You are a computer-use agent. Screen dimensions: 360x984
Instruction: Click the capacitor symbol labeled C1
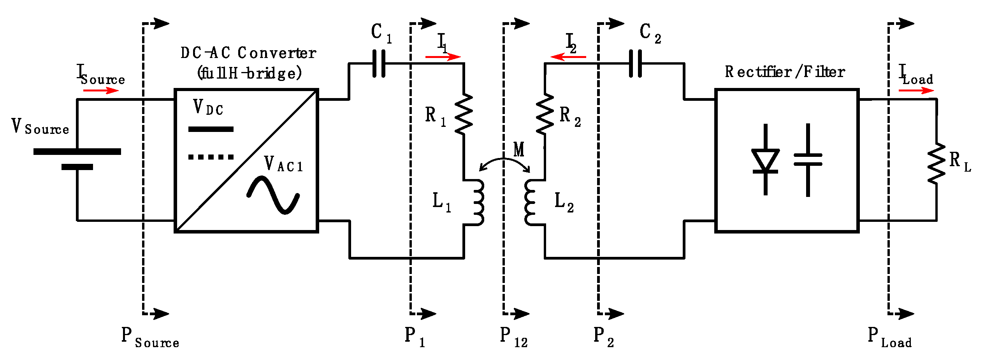point(379,63)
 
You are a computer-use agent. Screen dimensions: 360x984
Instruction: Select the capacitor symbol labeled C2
point(636,63)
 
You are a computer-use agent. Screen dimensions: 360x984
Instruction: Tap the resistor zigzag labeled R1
point(464,114)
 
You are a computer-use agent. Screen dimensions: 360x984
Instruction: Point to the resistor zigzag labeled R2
point(545,114)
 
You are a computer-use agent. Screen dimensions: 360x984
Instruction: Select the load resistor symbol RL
point(936,163)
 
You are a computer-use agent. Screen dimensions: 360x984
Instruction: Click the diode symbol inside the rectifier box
point(765,160)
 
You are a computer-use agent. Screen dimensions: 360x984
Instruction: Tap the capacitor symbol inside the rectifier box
point(808,160)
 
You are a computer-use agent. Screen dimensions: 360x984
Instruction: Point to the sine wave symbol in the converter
point(273,195)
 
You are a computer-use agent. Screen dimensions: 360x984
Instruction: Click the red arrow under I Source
point(100,91)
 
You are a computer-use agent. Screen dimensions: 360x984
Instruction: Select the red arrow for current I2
point(568,57)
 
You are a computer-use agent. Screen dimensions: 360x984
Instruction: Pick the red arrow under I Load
point(915,91)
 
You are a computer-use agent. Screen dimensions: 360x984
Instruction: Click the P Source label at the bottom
point(150,337)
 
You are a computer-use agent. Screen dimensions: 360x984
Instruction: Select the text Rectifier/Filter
point(784,72)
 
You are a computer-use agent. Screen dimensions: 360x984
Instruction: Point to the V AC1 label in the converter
point(283,164)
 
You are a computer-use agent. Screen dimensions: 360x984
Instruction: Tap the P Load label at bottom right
point(890,337)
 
